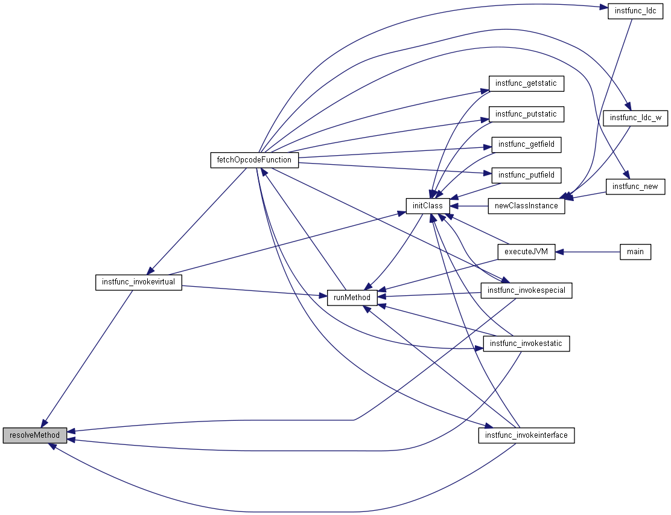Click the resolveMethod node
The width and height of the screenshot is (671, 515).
(34, 435)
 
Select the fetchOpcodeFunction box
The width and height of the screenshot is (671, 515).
(254, 160)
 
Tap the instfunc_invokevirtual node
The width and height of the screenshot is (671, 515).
(138, 282)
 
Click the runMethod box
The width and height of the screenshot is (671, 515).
(352, 297)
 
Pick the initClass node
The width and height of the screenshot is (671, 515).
(427, 206)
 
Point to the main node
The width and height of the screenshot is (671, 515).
(635, 252)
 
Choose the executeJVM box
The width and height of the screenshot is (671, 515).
(526, 252)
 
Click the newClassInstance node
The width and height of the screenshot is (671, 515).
(526, 206)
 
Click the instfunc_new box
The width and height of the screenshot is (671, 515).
(635, 187)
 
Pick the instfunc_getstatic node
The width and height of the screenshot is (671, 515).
(526, 83)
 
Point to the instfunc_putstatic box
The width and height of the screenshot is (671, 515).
(526, 114)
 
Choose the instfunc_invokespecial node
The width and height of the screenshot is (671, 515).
(526, 290)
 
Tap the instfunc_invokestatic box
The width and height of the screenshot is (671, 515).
(526, 344)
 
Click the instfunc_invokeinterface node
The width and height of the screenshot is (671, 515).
(526, 435)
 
